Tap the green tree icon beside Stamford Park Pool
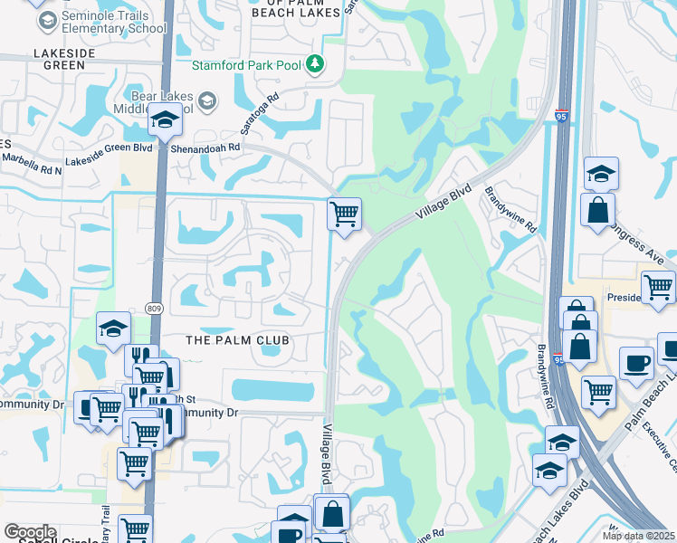tap(314, 63)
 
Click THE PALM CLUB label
tap(236, 340)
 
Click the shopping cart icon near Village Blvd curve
tap(344, 214)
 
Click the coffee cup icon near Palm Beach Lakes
tap(636, 363)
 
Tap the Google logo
tap(29, 532)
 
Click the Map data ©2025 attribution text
tap(638, 536)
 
